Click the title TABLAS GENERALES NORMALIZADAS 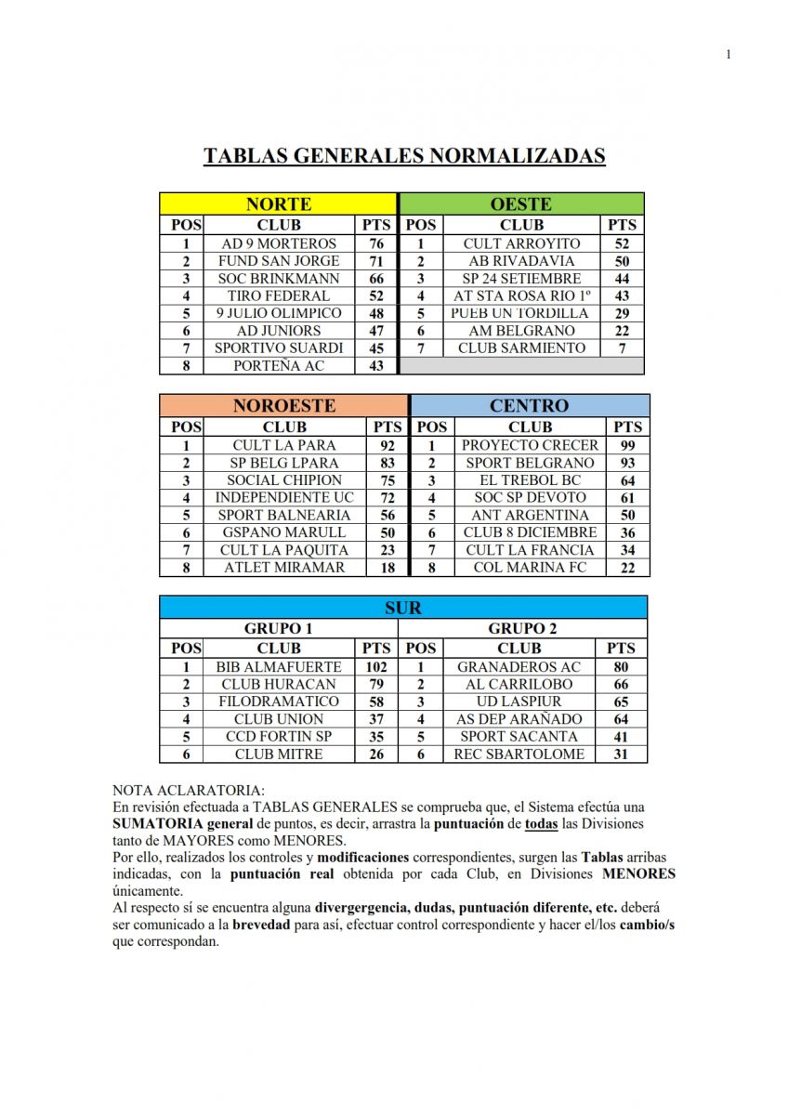click(x=404, y=155)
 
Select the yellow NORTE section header click(x=278, y=204)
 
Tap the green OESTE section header click(x=520, y=204)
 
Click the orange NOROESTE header click(x=283, y=406)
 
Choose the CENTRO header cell click(x=529, y=406)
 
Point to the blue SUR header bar click(x=402, y=608)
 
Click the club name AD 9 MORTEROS click(x=279, y=243)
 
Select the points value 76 click(x=376, y=243)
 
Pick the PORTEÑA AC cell click(x=279, y=366)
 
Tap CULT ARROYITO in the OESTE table click(x=521, y=243)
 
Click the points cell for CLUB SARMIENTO click(x=622, y=348)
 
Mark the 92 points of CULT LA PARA click(x=387, y=445)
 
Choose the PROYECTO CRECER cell click(x=530, y=445)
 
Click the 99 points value click(x=627, y=445)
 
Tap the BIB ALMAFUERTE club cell click(x=279, y=666)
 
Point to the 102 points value click(x=376, y=666)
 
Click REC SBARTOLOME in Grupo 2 click(x=519, y=754)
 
